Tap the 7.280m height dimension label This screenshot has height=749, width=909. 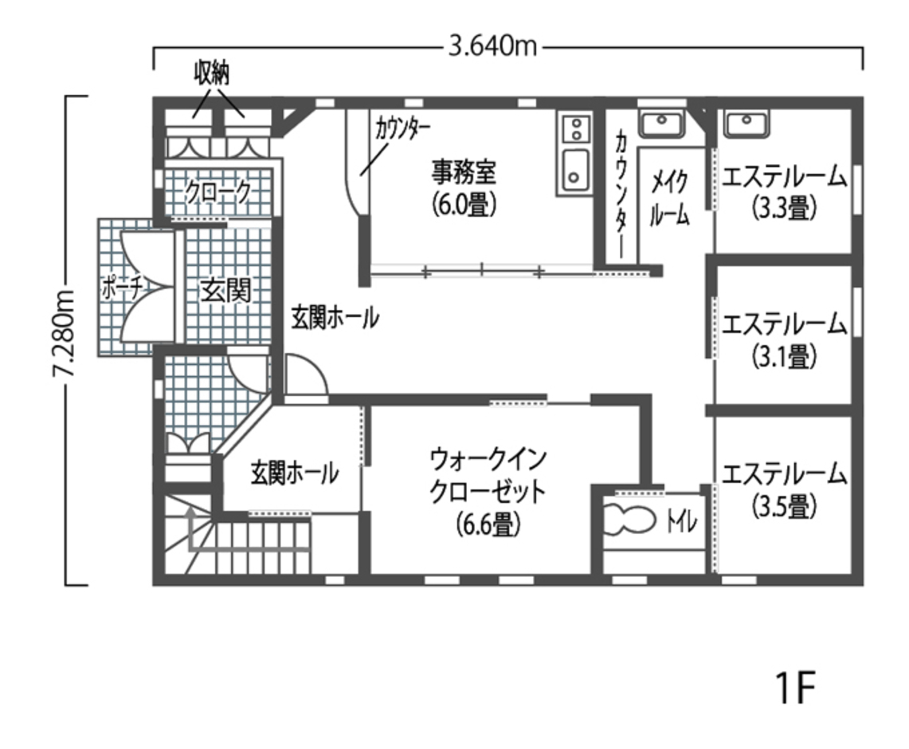point(65,340)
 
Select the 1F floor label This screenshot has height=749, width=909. point(796,688)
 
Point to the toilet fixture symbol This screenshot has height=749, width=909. point(629,522)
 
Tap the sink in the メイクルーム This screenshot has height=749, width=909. point(661,124)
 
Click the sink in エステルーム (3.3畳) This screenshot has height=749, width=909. point(746,124)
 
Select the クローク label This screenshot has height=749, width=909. point(218,192)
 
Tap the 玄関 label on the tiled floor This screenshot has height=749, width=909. point(225,291)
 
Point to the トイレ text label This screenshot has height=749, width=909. point(681,523)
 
